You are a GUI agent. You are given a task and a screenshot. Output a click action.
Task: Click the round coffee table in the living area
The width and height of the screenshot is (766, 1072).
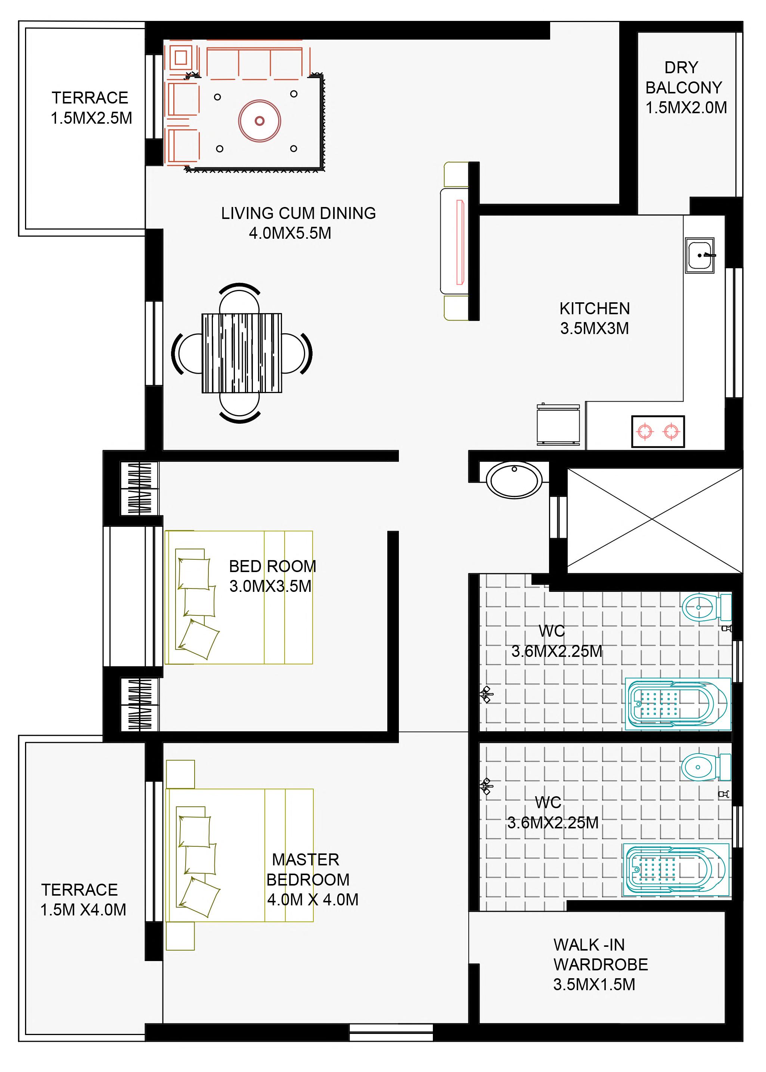pos(260,121)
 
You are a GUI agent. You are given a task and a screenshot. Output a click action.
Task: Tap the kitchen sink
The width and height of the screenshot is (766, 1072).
pos(700,255)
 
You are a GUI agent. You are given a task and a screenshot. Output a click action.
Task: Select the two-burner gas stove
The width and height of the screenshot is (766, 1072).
pos(658,431)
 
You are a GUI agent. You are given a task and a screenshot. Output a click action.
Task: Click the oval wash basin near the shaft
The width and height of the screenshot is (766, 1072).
pos(514,480)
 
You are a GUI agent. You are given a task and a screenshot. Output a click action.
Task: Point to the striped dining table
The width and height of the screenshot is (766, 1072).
pos(242,353)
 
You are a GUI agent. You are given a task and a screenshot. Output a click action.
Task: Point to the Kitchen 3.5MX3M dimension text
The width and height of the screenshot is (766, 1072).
pos(594,328)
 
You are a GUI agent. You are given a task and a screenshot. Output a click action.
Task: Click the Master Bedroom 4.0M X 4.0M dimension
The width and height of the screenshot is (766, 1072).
pos(313,899)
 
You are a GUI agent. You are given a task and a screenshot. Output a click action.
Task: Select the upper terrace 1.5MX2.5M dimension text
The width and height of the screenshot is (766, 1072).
pos(92,118)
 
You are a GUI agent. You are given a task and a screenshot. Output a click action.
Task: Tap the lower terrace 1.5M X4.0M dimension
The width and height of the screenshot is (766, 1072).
pos(83,910)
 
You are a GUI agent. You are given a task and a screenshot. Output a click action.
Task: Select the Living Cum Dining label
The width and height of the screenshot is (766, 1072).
pos(298,213)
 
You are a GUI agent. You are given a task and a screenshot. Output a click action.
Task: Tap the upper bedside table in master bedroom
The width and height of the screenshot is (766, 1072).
pos(180,774)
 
